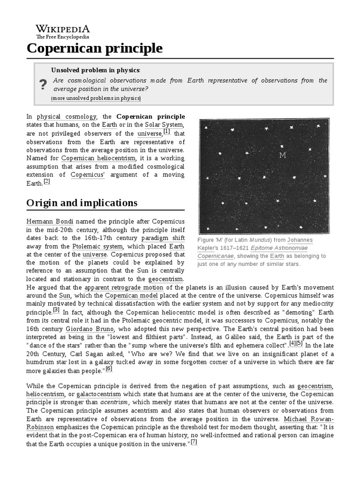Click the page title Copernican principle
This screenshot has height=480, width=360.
(x=95, y=48)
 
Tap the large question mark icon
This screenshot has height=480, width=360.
(x=43, y=84)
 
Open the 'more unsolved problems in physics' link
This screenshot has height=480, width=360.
(x=96, y=98)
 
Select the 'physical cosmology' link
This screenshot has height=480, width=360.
(x=67, y=116)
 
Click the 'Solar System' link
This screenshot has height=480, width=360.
(x=163, y=125)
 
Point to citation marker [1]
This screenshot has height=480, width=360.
(x=166, y=132)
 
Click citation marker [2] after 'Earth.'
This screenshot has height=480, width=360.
(x=46, y=182)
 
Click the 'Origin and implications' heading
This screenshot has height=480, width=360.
(x=82, y=203)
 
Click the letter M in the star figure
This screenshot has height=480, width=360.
(x=282, y=155)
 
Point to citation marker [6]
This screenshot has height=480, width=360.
(x=109, y=368)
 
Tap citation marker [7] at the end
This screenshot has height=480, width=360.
(x=194, y=442)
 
